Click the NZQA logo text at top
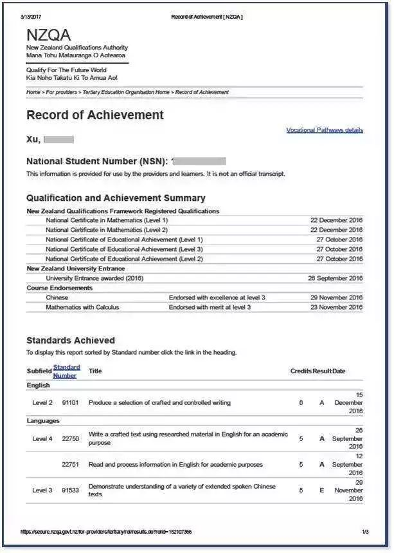49,35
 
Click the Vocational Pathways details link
324,130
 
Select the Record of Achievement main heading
95,115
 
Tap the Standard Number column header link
66,371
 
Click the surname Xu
33,139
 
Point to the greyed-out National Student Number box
201,161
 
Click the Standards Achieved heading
71,340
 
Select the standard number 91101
70,403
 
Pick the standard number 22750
70,439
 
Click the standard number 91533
70,491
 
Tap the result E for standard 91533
322,491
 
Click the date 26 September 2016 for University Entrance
335,278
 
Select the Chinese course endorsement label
57,297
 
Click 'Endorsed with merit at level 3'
210,307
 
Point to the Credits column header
300,371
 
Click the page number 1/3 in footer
365,532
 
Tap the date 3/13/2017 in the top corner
33,16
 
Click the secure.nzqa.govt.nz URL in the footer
106,532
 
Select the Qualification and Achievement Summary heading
116,198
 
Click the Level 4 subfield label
42,439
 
